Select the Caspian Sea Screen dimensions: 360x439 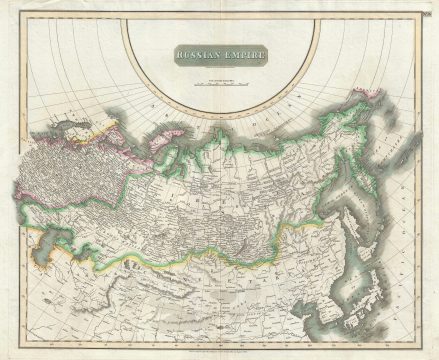tap(47, 240)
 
